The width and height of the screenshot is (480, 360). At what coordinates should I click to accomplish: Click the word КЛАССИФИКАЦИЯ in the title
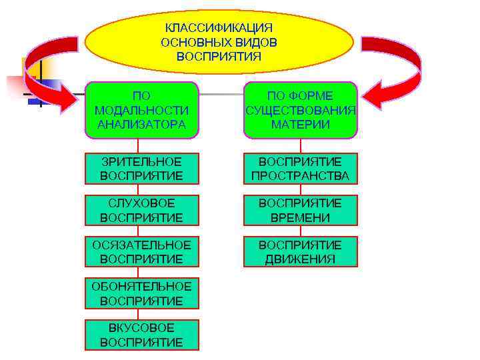coord(219,28)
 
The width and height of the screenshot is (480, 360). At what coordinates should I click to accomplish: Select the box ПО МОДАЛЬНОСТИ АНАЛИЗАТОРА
coord(141,110)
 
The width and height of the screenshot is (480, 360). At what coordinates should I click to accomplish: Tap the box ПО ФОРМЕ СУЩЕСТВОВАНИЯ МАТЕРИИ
coord(300,110)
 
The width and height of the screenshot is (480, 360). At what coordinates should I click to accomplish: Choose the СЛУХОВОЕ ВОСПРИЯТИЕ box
coord(141,210)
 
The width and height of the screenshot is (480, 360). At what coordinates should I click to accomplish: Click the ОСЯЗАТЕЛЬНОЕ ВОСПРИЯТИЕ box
coord(141,251)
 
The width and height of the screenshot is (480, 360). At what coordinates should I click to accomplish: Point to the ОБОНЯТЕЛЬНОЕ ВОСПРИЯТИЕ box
coord(141,293)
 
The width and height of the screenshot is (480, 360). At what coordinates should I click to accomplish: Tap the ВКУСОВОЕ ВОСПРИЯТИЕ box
coord(141,335)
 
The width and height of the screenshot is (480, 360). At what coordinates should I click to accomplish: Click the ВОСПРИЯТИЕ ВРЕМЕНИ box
coord(300,210)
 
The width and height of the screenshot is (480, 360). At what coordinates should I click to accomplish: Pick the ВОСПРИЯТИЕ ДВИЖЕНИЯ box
coord(300,251)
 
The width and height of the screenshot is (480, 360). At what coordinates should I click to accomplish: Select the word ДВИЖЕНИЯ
coord(300,259)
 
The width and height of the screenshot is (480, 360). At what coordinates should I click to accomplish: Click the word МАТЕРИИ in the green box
coord(300,124)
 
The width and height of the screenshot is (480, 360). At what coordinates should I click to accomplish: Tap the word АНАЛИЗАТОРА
coord(141,124)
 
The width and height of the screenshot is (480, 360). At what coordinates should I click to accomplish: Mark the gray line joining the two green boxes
coord(221,94)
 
